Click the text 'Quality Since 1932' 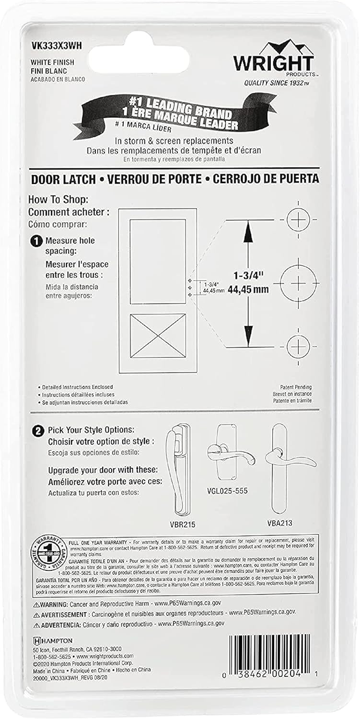[x=277, y=83]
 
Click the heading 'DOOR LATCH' [x=63, y=179]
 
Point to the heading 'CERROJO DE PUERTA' [x=266, y=179]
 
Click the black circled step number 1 [x=36, y=241]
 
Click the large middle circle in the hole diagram [x=298, y=283]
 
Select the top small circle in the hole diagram [x=298, y=219]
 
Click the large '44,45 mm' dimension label [x=248, y=289]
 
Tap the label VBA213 [x=279, y=523]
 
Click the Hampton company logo [x=53, y=641]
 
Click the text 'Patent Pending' [x=296, y=387]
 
